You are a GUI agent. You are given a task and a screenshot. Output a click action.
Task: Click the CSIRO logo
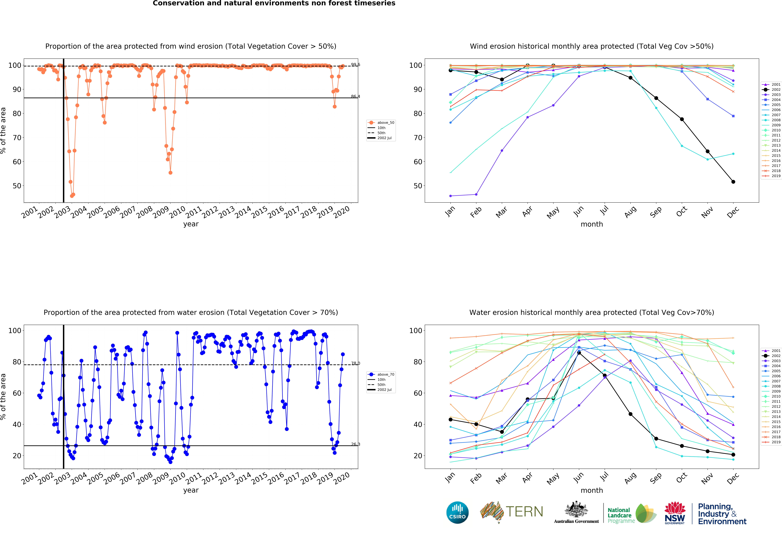(457, 512)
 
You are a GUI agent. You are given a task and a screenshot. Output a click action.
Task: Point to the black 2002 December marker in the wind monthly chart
(733, 182)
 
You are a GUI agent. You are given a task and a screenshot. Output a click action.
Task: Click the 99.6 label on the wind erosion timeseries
(355, 65)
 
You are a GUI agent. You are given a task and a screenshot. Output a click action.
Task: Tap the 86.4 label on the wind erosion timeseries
(355, 97)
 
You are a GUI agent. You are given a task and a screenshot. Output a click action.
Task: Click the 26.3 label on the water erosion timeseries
(355, 444)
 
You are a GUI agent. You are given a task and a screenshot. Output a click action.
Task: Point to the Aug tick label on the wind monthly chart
(630, 212)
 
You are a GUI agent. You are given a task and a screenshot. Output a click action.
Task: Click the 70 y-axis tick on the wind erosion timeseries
(17, 138)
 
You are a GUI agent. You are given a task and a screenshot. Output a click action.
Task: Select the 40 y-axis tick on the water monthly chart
(418, 424)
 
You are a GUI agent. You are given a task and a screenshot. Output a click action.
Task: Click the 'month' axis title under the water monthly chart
(592, 490)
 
